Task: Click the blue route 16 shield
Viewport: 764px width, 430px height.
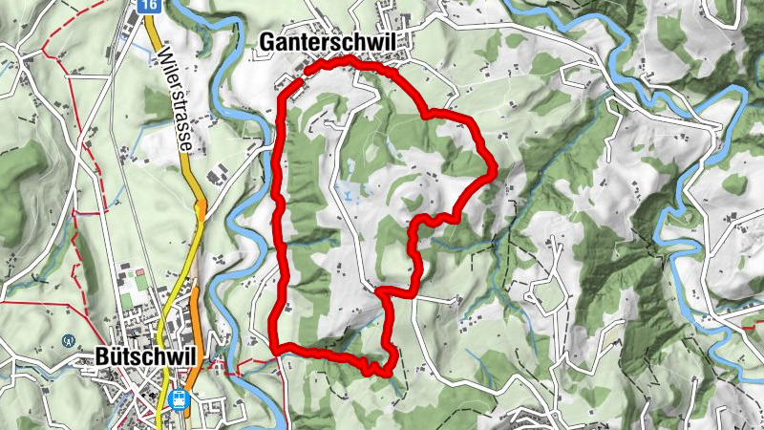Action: coord(147,6)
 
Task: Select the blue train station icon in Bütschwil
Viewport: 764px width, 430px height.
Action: coord(178,400)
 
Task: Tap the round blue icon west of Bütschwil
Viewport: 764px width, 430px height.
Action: coord(68,339)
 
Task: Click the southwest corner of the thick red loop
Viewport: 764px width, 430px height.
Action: coord(275,347)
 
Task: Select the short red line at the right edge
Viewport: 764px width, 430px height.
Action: coord(749,326)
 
